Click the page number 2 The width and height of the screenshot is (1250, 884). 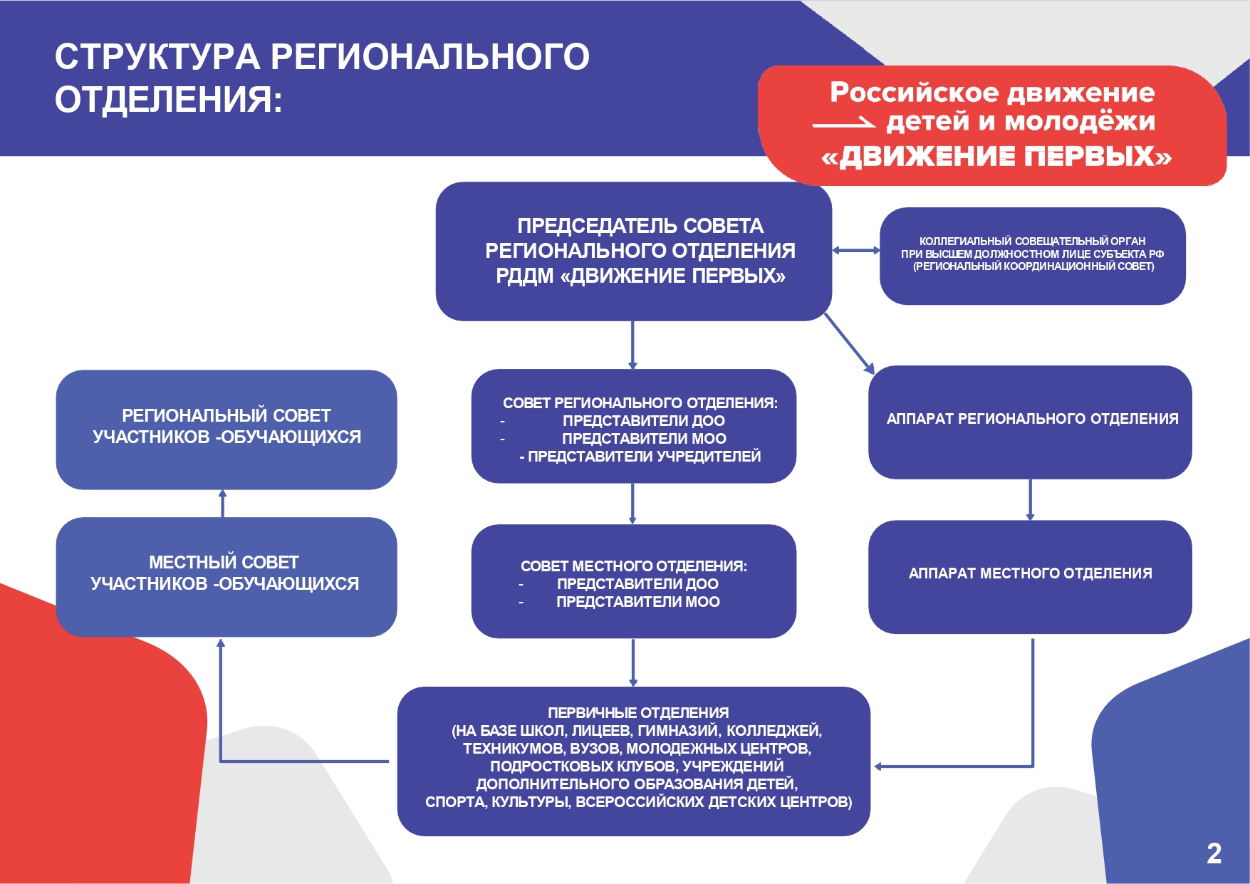[1214, 853]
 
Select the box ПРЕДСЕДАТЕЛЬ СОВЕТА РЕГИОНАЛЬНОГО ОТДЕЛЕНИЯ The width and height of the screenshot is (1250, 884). [634, 251]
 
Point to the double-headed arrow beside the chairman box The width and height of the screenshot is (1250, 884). [856, 250]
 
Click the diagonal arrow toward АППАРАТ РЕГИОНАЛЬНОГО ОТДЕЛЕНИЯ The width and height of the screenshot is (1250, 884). [849, 343]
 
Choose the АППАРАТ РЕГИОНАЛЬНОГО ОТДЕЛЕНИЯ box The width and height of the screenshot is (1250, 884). [1030, 422]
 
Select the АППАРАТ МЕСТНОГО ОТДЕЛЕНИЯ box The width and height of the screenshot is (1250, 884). [1030, 577]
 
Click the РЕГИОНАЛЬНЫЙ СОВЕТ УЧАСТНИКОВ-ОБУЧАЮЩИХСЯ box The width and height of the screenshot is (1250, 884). [226, 430]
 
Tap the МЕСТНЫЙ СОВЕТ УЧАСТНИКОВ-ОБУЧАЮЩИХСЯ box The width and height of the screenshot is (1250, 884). [226, 577]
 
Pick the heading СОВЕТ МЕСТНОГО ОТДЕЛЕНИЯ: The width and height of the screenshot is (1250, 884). [634, 566]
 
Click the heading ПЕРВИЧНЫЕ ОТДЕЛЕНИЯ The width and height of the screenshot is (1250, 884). [638, 713]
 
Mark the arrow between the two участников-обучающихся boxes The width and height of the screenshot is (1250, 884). [223, 504]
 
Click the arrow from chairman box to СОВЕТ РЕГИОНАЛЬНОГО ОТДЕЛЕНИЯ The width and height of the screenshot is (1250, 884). [632, 345]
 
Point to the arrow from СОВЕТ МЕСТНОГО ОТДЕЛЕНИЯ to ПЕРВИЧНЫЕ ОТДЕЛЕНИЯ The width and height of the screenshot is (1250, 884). [633, 662]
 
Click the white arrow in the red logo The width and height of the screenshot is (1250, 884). [844, 124]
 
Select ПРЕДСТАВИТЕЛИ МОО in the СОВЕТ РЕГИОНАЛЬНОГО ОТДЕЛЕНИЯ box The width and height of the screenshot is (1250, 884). [644, 439]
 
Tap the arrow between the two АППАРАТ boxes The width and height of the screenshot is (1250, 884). [1030, 499]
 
